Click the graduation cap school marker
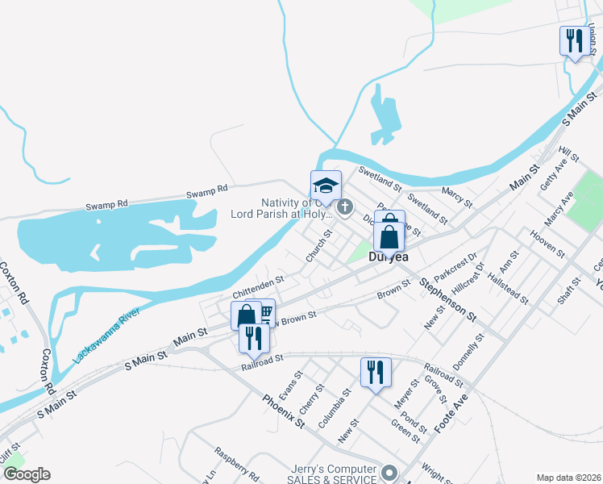tap(326, 186)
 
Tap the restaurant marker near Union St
tap(574, 40)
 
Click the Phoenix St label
tap(284, 412)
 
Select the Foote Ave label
tap(451, 414)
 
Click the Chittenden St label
tap(259, 287)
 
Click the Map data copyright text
tap(568, 477)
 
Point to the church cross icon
tap(344, 209)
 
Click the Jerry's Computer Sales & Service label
tap(334, 475)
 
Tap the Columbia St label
tap(334, 408)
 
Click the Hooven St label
tap(548, 243)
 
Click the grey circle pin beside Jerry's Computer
tap(390, 474)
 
